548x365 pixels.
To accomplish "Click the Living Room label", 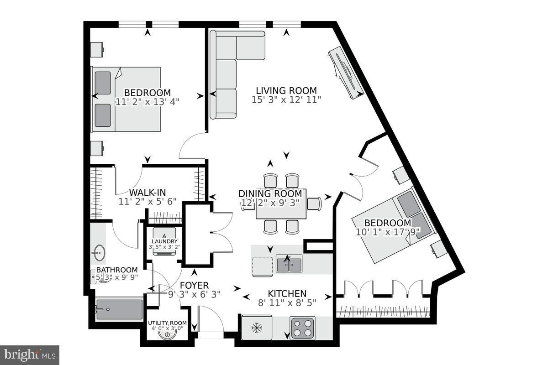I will pyautogui.click(x=286, y=90).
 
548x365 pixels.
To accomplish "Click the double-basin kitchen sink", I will pyautogui.click(x=289, y=264).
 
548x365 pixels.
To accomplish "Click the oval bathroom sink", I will pyautogui.click(x=98, y=252).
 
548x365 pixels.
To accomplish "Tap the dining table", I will pyautogui.click(x=281, y=204).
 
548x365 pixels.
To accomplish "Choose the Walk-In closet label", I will pyautogui.click(x=147, y=192).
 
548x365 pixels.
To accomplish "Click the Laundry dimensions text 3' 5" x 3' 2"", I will pyautogui.click(x=164, y=247).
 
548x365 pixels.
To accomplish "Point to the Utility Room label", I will pyautogui.click(x=167, y=323).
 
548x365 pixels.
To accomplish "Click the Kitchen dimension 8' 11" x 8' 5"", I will pyautogui.click(x=287, y=302).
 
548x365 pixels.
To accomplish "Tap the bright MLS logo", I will pyautogui.click(x=30, y=355).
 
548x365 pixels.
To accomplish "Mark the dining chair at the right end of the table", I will pyautogui.click(x=314, y=203).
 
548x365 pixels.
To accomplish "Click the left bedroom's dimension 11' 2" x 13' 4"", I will pyautogui.click(x=147, y=102).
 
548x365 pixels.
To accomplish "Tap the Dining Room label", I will pyautogui.click(x=270, y=194).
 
